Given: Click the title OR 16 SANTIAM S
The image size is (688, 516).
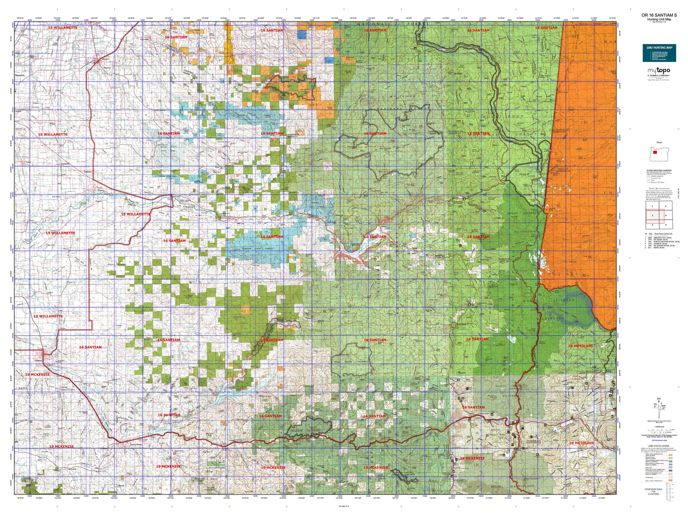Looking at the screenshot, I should pyautogui.click(x=659, y=15).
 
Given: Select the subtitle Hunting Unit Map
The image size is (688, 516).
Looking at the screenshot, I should pyautogui.click(x=659, y=20).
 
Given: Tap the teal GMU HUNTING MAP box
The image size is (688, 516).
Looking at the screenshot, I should pyautogui.click(x=659, y=53).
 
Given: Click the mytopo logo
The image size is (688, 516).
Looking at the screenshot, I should pyautogui.click(x=659, y=71).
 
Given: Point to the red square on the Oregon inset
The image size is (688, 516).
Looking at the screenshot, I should pyautogui.click(x=655, y=152).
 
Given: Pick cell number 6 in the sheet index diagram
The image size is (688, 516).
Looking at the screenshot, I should pyautogui.click(x=666, y=225).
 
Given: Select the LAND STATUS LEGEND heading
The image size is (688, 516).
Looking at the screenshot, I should pyautogui.click(x=659, y=446).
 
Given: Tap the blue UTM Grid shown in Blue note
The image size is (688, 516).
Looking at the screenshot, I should pyautogui.click(x=659, y=440).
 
